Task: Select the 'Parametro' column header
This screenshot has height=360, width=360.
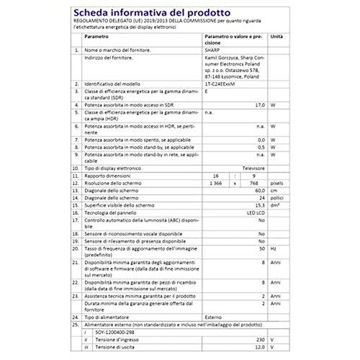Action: click(96, 35)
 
